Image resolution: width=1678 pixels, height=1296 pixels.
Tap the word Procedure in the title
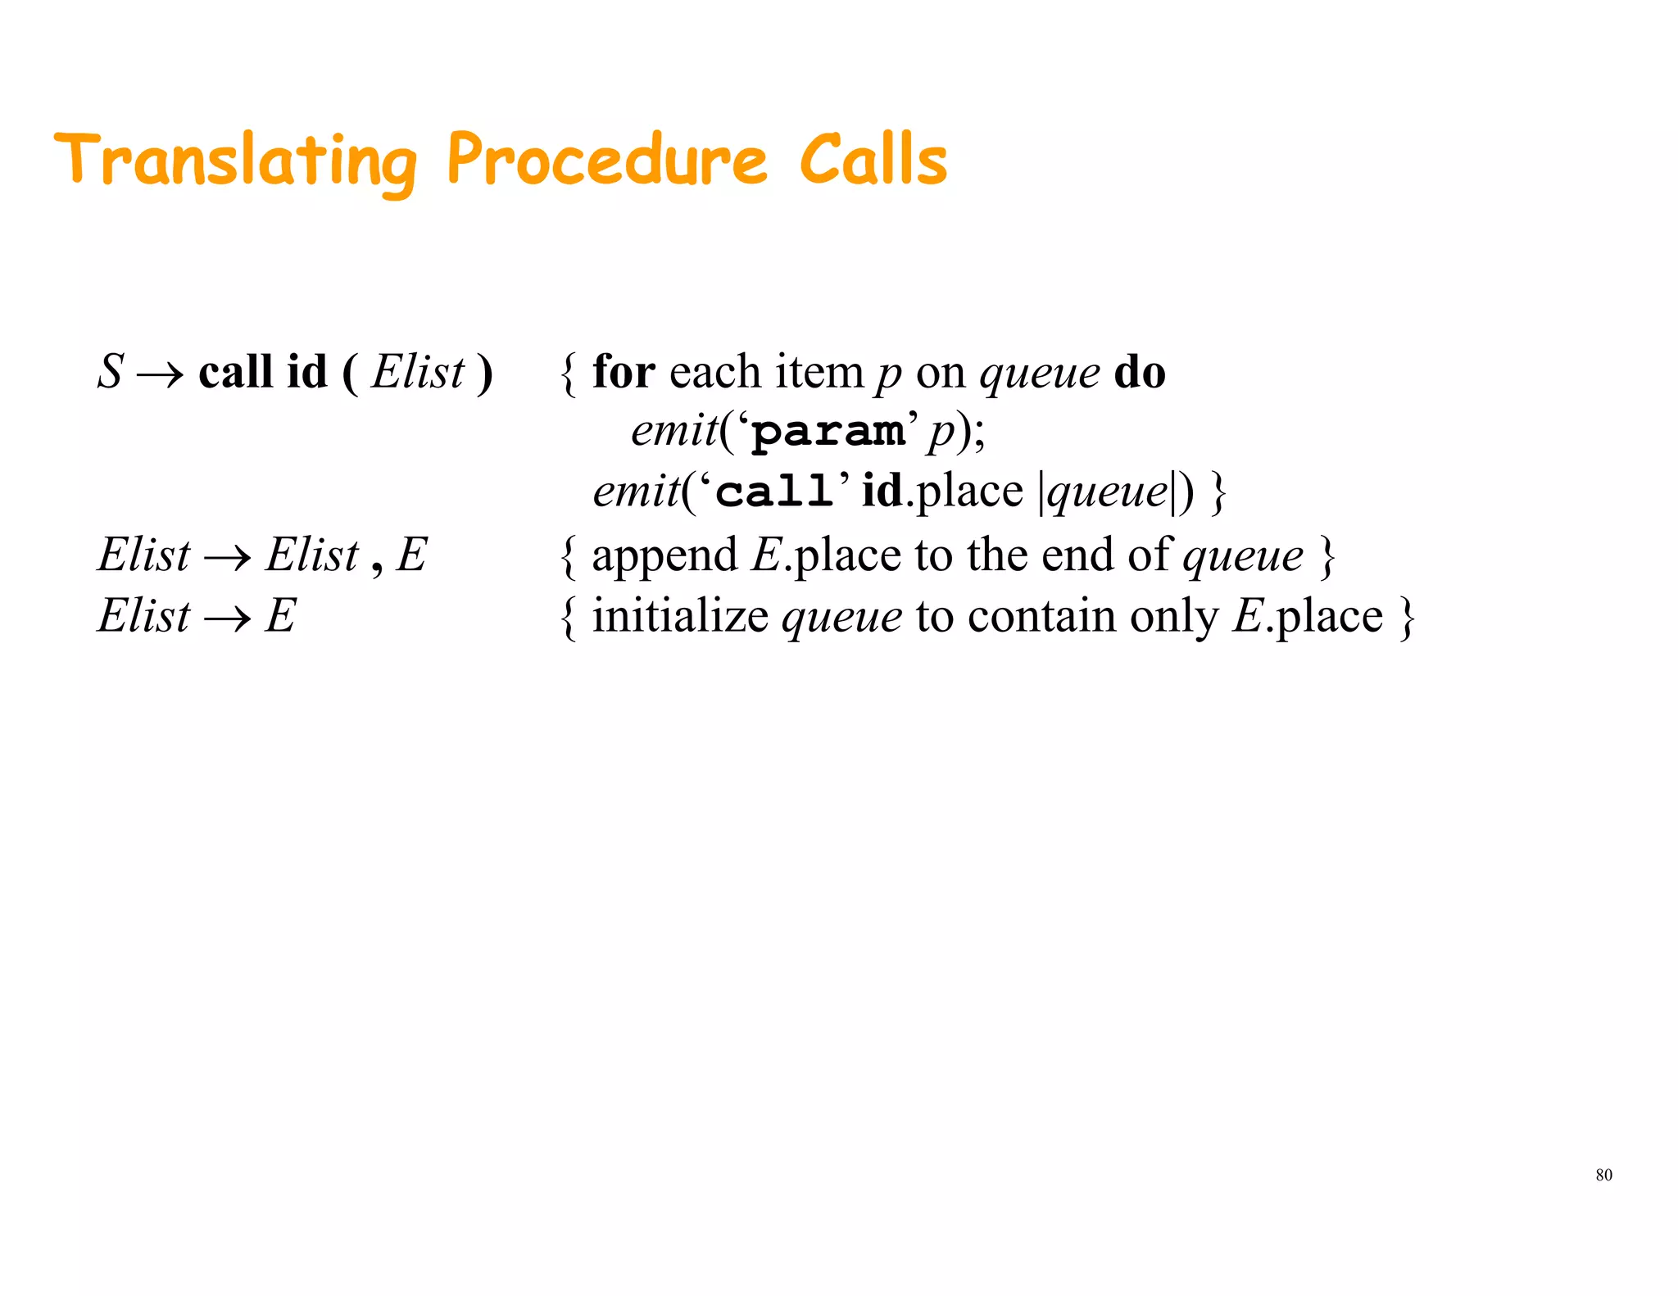tap(607, 159)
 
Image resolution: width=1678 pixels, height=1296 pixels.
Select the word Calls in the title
tap(873, 159)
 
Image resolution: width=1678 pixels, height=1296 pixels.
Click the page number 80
tap(1603, 1175)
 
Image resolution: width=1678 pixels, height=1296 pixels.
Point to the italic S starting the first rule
tap(110, 372)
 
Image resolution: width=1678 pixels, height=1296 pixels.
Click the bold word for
tap(624, 372)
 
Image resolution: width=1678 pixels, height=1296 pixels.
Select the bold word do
tap(1139, 372)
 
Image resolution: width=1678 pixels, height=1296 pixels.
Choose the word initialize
tap(680, 616)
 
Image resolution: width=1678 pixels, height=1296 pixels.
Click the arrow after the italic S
tap(161, 375)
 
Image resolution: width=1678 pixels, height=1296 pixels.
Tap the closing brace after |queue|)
tap(1218, 493)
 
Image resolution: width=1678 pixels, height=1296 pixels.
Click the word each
tap(715, 372)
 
